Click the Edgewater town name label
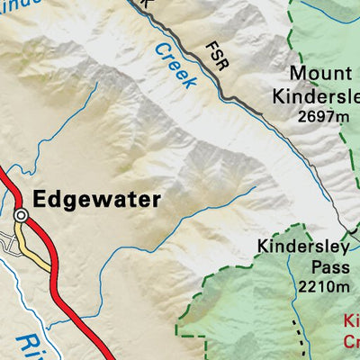pos(95,199)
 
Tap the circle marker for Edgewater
pos(21,215)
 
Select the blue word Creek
pos(175,66)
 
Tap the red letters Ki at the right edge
pos(352,321)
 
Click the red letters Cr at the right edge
pos(352,342)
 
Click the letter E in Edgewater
pos(38,199)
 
